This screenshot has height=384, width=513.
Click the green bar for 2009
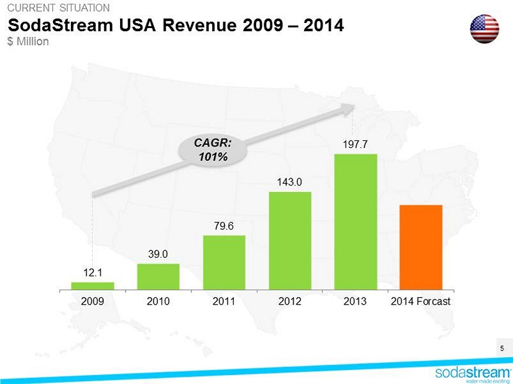[x=93, y=286]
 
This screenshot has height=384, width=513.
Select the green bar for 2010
[x=158, y=277]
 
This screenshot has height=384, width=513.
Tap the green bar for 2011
[x=224, y=262]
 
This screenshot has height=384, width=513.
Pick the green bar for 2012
[x=290, y=240]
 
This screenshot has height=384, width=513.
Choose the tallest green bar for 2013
[x=356, y=221]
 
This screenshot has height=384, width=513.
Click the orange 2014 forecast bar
[x=421, y=247]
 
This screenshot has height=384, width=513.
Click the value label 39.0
[x=158, y=254]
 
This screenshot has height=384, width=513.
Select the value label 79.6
[x=224, y=226]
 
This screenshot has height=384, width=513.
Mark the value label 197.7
[x=355, y=144]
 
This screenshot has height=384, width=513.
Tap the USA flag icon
[x=485, y=29]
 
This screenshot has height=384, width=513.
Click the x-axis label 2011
[x=224, y=301]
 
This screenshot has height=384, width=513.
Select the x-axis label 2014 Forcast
[x=421, y=301]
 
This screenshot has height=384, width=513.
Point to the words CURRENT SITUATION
[x=58, y=8]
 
